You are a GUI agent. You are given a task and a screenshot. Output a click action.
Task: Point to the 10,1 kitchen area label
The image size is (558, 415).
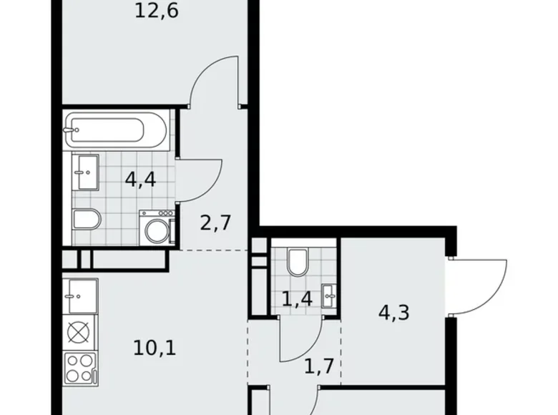point(155,348)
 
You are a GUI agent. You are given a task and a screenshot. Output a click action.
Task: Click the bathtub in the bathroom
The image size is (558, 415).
point(116,130)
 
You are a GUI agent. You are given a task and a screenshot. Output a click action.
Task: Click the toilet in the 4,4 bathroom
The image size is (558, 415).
point(85,220)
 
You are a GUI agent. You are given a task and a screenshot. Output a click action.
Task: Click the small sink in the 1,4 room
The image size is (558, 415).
point(328,293)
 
